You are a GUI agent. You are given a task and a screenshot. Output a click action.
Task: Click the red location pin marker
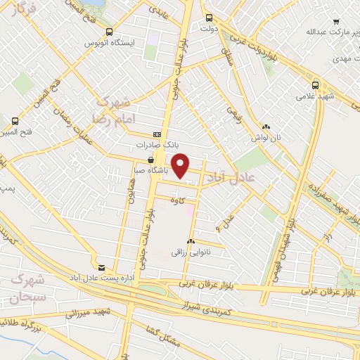pyautogui.click(x=181, y=165)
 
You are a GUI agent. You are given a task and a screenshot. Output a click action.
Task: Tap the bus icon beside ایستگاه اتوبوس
pyautogui.click(x=108, y=31)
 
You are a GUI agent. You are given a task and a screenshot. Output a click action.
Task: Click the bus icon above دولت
pyautogui.click(x=208, y=18)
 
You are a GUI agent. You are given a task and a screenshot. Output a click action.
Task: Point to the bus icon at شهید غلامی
pyautogui.click(x=314, y=83)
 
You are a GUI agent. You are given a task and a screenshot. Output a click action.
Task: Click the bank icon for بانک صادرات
pyautogui.click(x=157, y=134)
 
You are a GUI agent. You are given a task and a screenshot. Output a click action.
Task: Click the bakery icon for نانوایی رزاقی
pyautogui.click(x=190, y=241)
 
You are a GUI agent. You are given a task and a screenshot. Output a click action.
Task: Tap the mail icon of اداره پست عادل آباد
pyautogui.click(x=102, y=267)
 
